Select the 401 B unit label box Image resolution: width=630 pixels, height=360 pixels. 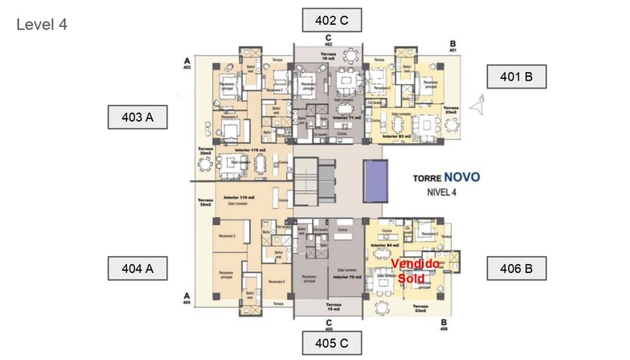517,77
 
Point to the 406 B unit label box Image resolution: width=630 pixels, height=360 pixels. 517,268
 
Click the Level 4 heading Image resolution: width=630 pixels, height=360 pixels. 42,25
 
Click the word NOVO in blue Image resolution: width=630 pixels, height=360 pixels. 462,177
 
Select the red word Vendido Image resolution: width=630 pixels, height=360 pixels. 416,265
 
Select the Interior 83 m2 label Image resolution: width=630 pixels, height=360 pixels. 399,137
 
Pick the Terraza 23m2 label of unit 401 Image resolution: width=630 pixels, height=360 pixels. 452,110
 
